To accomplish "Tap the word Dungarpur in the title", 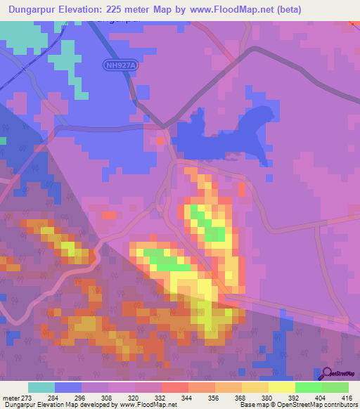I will pyautogui.click(x=33, y=9).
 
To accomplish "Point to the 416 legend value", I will pyautogui.click(x=347, y=397).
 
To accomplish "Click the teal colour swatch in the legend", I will pyautogui.click(x=41, y=387).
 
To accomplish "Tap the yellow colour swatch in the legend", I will pyautogui.click(x=282, y=387).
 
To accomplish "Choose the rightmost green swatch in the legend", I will pyautogui.click(x=335, y=387).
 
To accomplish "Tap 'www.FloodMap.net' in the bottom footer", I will pyautogui.click(x=150, y=405).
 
